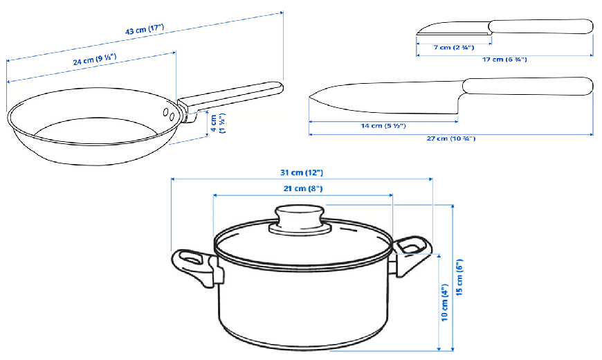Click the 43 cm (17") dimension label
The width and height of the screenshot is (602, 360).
pos(145,29)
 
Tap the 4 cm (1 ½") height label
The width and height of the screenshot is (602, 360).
pos(218,123)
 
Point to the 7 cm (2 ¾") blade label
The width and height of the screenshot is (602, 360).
pos(454,48)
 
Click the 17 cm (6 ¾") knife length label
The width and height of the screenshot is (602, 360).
pos(504,60)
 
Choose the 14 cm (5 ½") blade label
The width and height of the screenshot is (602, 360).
pos(383,125)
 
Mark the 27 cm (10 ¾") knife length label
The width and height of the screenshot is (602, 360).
pos(451,138)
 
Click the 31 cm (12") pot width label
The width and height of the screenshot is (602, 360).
pos(302,172)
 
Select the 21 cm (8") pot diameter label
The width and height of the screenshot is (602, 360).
pos(303,188)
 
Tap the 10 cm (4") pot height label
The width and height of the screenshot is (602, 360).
pos(445,303)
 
